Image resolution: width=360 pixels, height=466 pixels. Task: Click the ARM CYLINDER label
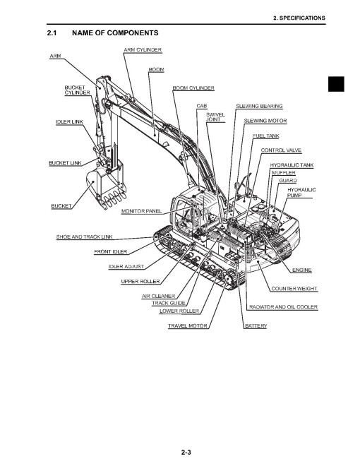tap(143, 50)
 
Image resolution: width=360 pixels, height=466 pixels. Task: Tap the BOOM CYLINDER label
tap(193, 88)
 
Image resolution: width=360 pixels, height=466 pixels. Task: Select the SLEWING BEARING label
tap(259, 106)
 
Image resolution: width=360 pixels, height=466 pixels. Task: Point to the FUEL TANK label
tap(266, 136)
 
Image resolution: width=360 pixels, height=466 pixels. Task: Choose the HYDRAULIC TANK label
tap(292, 165)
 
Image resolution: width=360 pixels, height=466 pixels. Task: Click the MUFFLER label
tap(284, 173)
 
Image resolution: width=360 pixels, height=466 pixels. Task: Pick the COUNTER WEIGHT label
tap(294, 289)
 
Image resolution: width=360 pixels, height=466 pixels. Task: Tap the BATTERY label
tap(256, 326)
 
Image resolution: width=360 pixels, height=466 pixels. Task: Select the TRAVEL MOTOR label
tap(188, 326)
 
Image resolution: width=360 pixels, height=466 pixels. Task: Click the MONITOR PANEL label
tap(142, 211)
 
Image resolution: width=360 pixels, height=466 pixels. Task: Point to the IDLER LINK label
tap(69, 122)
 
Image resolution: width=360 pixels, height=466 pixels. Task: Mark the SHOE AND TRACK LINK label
tap(85, 237)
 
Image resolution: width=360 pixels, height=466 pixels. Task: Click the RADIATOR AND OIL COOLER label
tap(283, 307)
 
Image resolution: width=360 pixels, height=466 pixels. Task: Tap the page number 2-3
tap(186, 453)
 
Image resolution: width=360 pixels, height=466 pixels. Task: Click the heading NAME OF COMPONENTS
tap(115, 33)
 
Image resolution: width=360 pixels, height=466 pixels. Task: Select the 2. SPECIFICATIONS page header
tap(299, 18)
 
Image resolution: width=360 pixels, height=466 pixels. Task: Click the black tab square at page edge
tap(336, 84)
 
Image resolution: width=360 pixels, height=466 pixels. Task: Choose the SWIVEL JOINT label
tap(215, 117)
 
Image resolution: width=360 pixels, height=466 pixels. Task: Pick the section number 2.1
tap(52, 33)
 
